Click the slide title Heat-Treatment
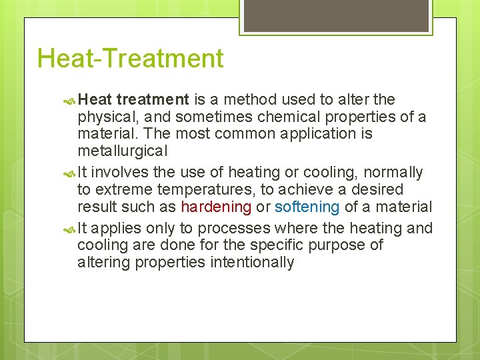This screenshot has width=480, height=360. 130,59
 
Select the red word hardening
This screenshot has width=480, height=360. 216,207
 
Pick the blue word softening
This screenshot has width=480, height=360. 307,207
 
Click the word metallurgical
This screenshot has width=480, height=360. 122,151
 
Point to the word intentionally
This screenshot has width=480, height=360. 252,263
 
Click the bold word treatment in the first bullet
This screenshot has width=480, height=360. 153,100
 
